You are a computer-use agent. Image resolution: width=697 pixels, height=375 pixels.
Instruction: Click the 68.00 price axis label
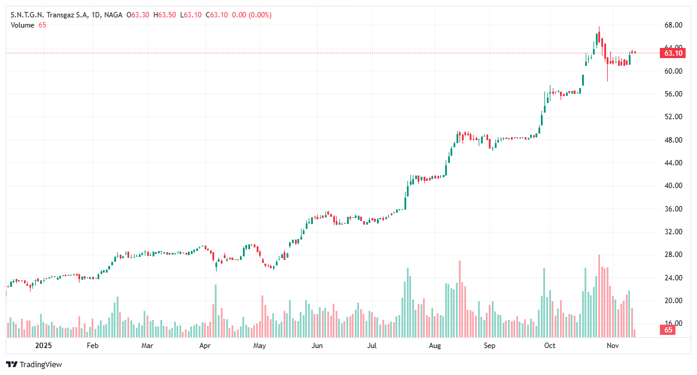(x=674, y=25)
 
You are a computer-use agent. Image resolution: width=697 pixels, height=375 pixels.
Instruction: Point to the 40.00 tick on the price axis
(x=674, y=186)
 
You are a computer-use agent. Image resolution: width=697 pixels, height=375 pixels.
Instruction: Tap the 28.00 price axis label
(x=674, y=255)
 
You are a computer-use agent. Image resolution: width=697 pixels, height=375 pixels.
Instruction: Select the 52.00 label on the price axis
(x=674, y=117)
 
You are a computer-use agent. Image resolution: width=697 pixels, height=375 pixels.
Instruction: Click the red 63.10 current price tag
(x=673, y=53)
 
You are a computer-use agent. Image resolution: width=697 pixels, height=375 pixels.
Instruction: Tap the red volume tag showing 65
(x=668, y=330)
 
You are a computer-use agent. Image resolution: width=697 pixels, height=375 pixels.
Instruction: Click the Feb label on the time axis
(x=92, y=346)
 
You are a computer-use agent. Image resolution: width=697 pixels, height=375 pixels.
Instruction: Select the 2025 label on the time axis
(x=44, y=346)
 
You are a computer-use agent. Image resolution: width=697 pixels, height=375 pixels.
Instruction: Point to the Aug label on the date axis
(x=435, y=346)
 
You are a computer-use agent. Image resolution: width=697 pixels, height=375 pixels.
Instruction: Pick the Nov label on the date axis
(x=612, y=346)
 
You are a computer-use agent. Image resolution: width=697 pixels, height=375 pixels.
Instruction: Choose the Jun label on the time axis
(x=317, y=346)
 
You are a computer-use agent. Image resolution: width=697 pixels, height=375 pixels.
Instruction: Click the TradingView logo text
(x=41, y=364)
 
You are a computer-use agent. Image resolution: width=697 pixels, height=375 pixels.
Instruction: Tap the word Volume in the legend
(x=23, y=25)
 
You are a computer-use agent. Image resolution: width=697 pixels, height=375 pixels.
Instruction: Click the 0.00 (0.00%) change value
(x=251, y=14)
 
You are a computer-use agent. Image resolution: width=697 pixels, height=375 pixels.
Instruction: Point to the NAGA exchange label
(x=113, y=14)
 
